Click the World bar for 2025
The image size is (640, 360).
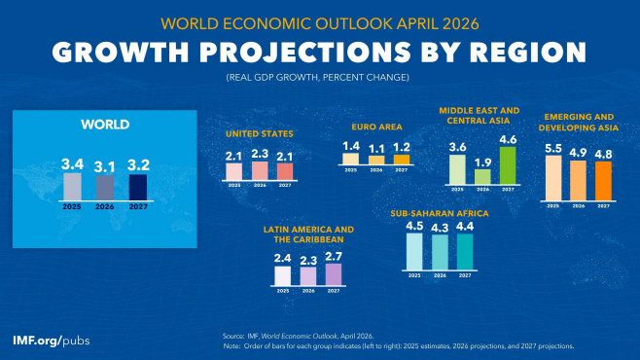pyautogui.click(x=73, y=185)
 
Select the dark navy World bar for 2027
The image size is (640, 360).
pyautogui.click(x=138, y=186)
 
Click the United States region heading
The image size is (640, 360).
pyautogui.click(x=259, y=133)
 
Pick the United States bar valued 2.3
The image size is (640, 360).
pyautogui.click(x=260, y=171)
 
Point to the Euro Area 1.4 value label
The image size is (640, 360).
pyautogui.click(x=352, y=146)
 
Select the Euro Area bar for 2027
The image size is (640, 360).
pyautogui.click(x=401, y=159)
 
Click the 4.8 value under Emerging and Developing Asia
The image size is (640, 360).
pyautogui.click(x=603, y=154)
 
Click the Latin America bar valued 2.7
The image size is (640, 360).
pyautogui.click(x=334, y=274)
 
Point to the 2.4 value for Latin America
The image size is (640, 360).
pyautogui.click(x=283, y=258)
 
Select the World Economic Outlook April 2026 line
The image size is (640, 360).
pyautogui.click(x=320, y=21)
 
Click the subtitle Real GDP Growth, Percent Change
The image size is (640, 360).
pyautogui.click(x=320, y=76)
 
